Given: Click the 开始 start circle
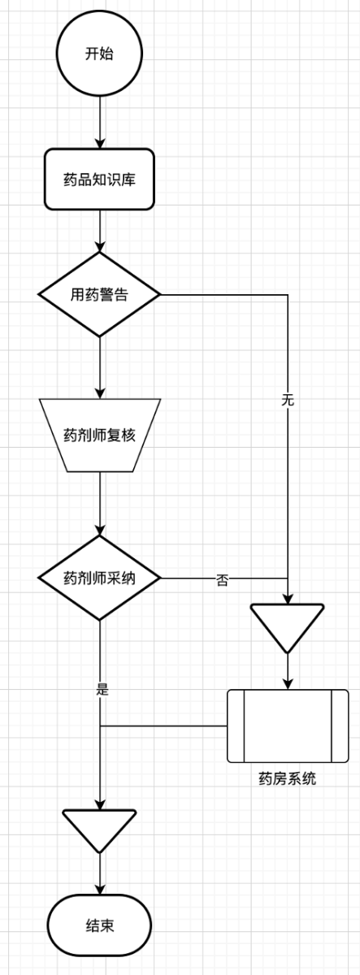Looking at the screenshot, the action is (99, 53).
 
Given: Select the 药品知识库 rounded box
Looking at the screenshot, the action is (99, 180).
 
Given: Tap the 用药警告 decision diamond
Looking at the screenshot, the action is (100, 295).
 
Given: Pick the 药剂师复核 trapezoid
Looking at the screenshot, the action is (100, 435).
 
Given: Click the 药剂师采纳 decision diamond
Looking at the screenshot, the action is (100, 578).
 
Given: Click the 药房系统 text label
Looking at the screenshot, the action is (288, 778).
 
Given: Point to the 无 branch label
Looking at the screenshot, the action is (288, 400).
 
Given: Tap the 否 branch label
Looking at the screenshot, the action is (222, 580).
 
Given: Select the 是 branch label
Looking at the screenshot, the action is (102, 689).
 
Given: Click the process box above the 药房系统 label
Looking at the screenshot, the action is (288, 726).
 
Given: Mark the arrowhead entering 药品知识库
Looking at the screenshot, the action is (100, 144).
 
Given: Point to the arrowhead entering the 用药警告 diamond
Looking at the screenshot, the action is (100, 247).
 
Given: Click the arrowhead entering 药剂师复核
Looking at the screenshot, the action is (100, 393).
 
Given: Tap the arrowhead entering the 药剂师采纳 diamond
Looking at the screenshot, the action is (100, 531).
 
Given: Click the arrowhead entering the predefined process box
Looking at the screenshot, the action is (288, 685).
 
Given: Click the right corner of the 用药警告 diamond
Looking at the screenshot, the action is (161, 295).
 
